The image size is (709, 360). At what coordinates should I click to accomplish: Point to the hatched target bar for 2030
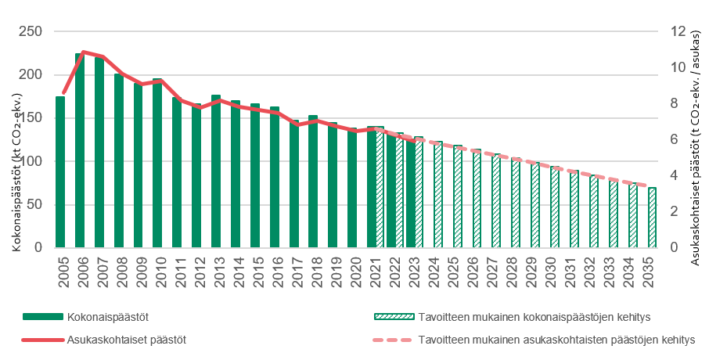[555, 208]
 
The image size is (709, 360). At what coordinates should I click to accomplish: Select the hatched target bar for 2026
[477, 200]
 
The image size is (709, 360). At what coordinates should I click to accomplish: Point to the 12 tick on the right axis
[678, 32]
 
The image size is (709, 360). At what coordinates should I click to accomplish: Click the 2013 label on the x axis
[217, 271]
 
